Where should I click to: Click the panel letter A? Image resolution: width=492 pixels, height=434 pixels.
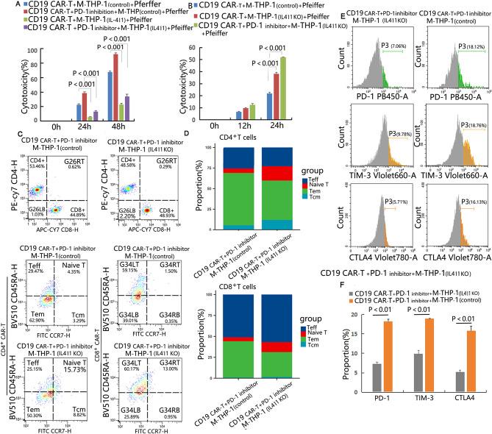tap(4, 4)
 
